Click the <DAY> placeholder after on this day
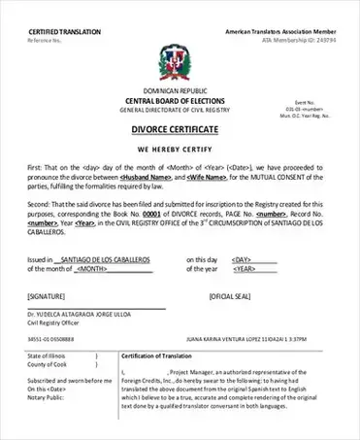[x=241, y=260]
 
